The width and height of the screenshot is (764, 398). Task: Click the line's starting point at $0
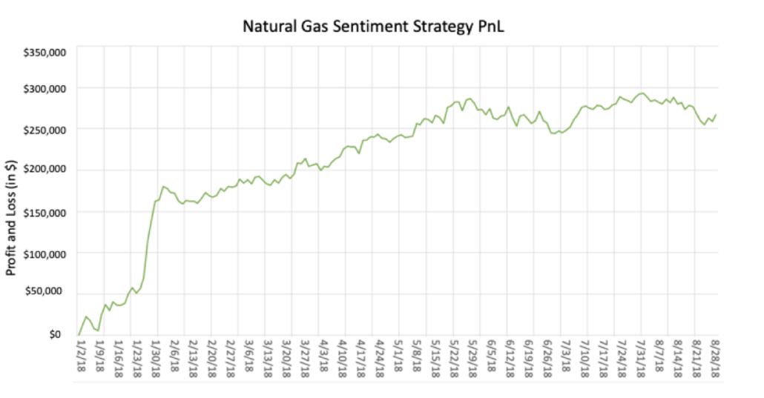click(78, 335)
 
